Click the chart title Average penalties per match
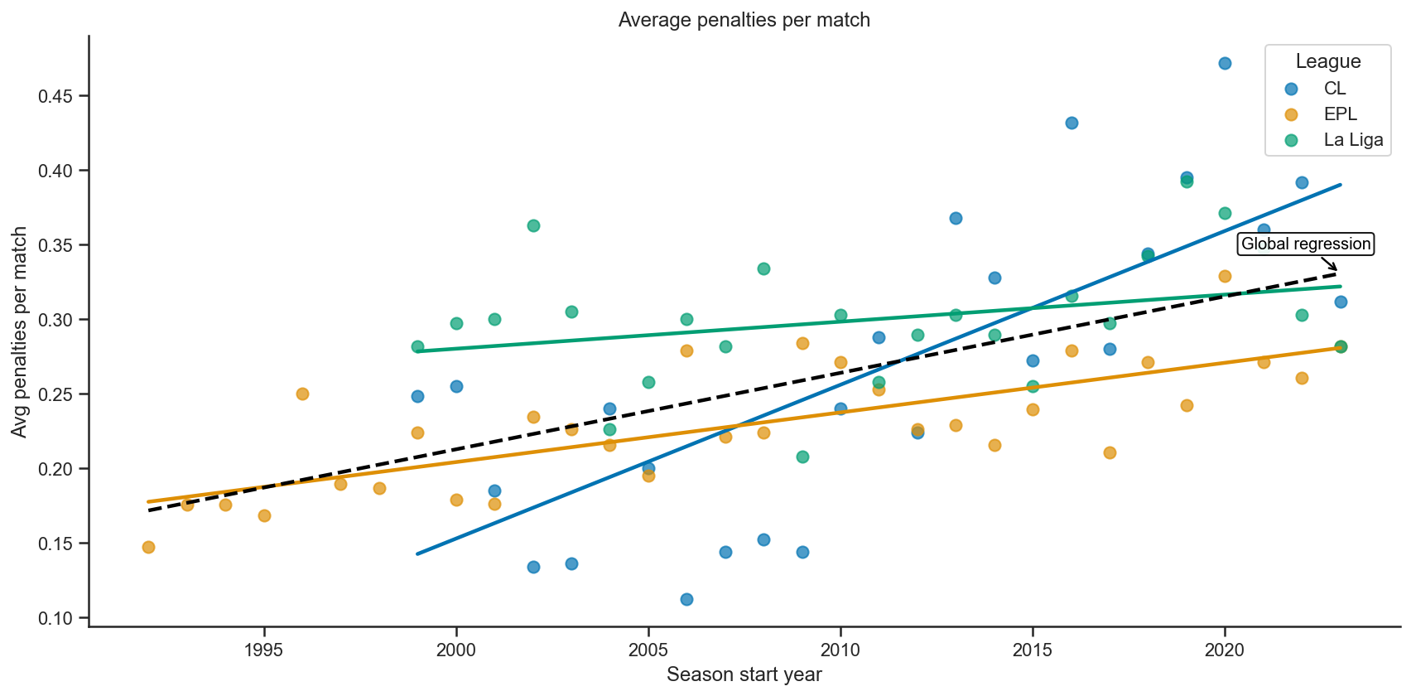point(744,20)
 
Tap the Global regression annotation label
point(1306,244)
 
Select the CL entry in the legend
point(1334,89)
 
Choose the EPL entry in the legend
point(1340,114)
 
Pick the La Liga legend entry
point(1352,140)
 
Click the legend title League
point(1328,61)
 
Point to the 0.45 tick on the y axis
point(56,96)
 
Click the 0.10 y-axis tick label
point(56,618)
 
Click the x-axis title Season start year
point(744,674)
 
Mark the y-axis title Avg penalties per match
point(20,331)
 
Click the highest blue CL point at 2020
point(1225,63)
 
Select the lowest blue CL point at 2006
point(686,599)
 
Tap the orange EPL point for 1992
point(148,547)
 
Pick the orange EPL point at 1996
point(302,394)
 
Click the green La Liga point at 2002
point(533,225)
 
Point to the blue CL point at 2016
point(1071,123)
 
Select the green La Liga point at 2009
point(802,457)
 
